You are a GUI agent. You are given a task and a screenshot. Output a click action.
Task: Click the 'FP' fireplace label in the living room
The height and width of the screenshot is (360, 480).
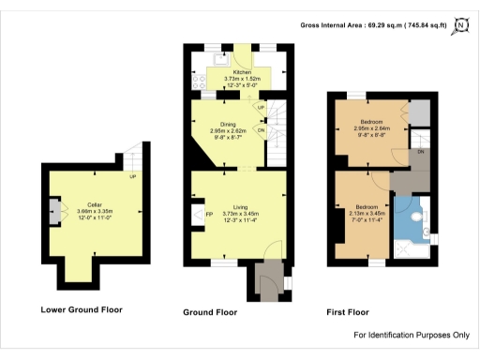click(208, 216)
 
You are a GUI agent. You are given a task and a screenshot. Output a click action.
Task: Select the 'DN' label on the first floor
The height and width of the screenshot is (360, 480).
click(421, 152)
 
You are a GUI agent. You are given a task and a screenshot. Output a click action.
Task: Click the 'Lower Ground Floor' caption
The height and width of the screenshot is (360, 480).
click(82, 309)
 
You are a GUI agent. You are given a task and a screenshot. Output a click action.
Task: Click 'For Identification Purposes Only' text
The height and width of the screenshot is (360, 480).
click(411, 335)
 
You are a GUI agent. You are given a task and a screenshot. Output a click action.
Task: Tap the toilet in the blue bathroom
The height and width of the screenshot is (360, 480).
click(427, 229)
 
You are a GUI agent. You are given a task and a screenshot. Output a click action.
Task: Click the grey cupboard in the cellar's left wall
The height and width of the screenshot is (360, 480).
click(52, 207)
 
